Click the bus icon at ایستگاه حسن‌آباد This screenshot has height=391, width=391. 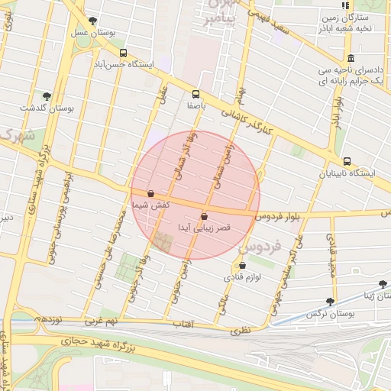(124, 53)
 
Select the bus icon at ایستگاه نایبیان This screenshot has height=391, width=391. (347, 161)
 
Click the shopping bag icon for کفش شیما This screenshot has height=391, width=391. (150, 194)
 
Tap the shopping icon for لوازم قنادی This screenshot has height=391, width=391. (242, 266)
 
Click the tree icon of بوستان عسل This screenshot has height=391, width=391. (92, 21)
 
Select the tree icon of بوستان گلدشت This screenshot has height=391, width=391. (47, 96)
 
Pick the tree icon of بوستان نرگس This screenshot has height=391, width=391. (330, 302)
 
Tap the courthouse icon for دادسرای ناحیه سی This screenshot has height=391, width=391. (351, 59)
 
